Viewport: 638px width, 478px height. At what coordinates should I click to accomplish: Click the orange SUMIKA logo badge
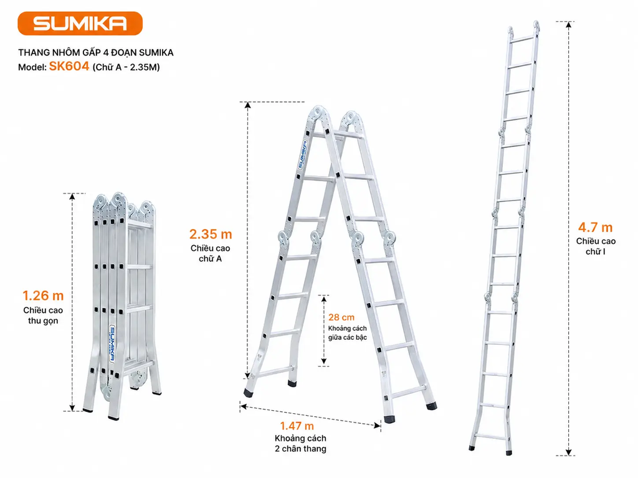(80, 24)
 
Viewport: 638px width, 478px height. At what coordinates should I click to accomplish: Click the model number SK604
(69, 66)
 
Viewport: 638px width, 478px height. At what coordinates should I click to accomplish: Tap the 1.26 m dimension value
(43, 296)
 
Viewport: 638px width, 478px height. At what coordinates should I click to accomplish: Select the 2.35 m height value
(211, 234)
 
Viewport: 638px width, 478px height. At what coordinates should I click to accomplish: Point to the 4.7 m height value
(595, 227)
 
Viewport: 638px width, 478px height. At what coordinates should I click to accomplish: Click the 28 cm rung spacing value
(341, 317)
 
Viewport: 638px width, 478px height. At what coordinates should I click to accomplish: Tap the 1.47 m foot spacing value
(297, 426)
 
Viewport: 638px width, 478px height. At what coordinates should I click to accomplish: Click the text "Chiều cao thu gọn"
(43, 316)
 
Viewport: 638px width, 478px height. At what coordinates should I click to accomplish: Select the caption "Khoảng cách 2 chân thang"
(301, 443)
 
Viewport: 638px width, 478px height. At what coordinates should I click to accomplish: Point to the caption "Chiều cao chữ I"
(596, 246)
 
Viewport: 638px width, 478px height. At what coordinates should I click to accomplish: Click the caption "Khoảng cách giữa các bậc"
(348, 333)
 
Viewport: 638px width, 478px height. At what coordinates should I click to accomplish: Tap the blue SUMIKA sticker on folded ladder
(112, 343)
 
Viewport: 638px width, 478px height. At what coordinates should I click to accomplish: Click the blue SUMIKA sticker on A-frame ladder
(302, 154)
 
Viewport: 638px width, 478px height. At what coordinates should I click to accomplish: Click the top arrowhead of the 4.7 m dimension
(569, 24)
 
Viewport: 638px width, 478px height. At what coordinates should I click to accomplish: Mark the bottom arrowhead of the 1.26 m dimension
(72, 408)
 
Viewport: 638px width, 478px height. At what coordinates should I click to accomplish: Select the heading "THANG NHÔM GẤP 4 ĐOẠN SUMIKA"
(95, 52)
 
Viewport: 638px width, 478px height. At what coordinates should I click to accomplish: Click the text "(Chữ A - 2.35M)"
(126, 67)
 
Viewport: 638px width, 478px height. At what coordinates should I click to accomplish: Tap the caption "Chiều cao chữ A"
(211, 253)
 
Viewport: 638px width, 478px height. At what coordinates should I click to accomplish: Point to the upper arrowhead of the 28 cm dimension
(324, 299)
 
